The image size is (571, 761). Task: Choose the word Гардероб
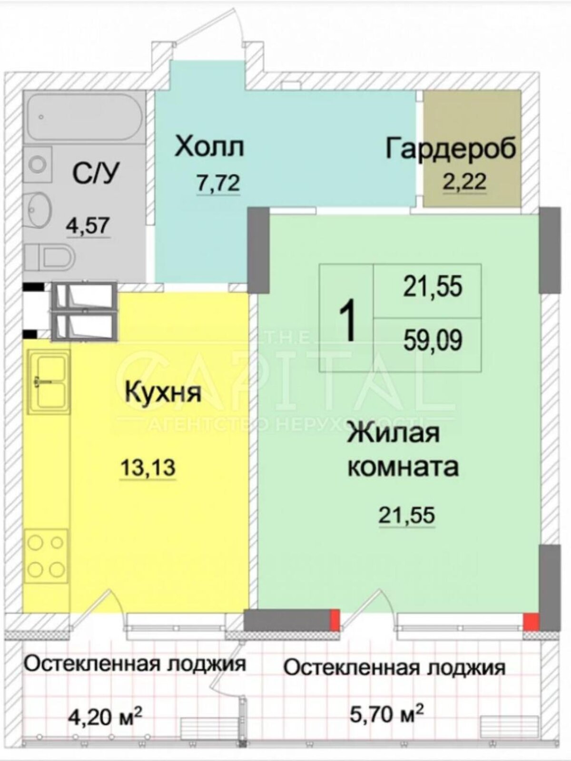(451, 148)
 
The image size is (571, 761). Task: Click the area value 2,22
(464, 182)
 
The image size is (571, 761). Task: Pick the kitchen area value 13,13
(148, 468)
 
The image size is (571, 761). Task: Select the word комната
(404, 467)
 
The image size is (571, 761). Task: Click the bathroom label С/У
(95, 175)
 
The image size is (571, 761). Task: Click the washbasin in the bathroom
(38, 206)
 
